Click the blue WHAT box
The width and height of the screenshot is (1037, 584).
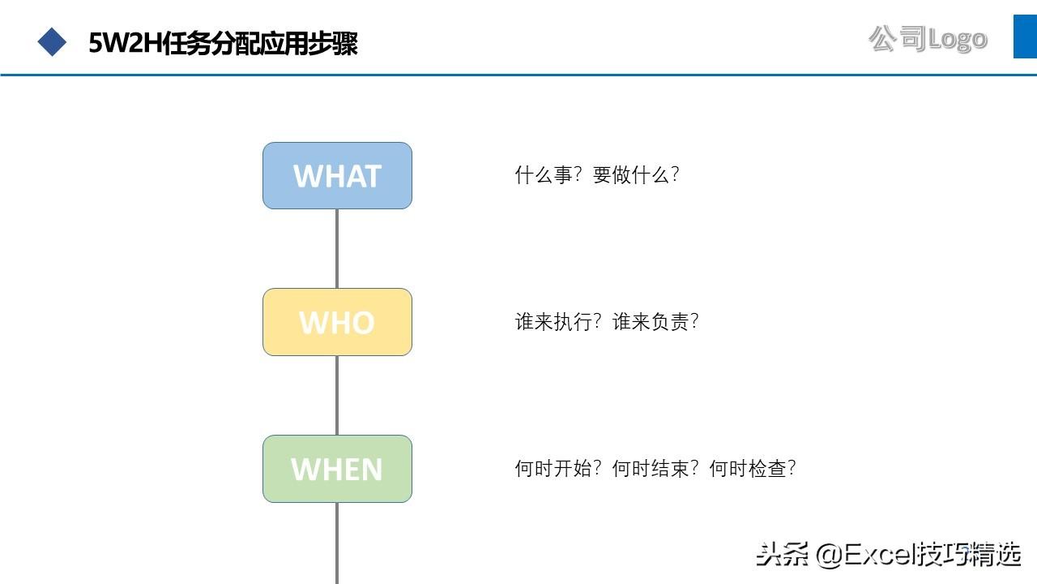click(337, 176)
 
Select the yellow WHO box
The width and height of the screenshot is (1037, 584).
click(337, 322)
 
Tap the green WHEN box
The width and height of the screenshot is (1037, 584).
click(337, 469)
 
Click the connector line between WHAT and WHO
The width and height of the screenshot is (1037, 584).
click(337, 249)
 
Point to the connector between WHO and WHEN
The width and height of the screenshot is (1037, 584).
click(337, 395)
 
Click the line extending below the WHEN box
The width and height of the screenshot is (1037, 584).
click(337, 543)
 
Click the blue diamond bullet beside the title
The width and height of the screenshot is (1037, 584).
click(52, 42)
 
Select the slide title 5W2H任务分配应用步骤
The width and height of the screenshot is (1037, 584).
click(223, 44)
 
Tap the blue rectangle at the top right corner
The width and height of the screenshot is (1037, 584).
click(1025, 36)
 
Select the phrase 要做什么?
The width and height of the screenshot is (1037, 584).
click(636, 175)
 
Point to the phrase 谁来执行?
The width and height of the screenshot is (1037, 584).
click(558, 322)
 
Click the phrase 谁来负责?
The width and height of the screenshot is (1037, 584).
click(655, 322)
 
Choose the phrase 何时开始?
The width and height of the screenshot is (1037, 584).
click(558, 468)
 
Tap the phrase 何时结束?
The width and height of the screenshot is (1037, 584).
click(655, 468)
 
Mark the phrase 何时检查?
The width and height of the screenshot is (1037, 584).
click(753, 468)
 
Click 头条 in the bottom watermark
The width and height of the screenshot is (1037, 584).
click(783, 554)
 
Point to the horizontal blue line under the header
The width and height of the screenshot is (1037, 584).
click(518, 75)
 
